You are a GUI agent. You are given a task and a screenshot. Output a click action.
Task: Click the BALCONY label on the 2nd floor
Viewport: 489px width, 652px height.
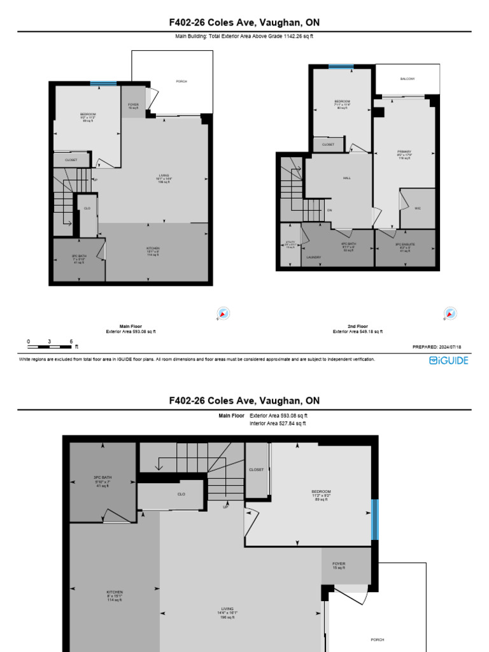pos(407,79)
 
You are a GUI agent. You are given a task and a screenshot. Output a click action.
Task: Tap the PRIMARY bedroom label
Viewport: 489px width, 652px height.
pos(404,152)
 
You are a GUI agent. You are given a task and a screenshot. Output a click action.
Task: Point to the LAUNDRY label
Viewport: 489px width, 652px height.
pos(313,257)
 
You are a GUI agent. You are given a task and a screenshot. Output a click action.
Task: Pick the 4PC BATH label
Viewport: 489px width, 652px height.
pos(348,244)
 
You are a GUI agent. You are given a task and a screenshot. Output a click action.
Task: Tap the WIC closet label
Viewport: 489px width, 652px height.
pos(418,208)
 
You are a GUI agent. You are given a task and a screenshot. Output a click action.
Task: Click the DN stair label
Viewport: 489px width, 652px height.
pos(330,210)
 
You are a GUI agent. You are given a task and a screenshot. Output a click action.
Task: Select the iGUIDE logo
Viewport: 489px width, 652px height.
pos(448,360)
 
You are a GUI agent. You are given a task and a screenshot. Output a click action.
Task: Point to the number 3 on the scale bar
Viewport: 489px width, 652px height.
pos(49,341)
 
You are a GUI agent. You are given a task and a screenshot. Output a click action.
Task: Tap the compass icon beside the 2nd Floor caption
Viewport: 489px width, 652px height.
pos(450,314)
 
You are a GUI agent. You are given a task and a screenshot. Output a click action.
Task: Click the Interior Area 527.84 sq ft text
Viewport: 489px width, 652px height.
pos(278,423)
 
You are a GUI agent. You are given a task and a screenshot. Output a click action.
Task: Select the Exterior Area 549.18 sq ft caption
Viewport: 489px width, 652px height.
pos(358,332)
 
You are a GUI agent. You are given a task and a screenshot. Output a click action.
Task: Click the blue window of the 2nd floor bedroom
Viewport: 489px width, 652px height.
pos(341,66)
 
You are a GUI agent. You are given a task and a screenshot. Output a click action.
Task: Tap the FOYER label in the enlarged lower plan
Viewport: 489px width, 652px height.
pos(338,564)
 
